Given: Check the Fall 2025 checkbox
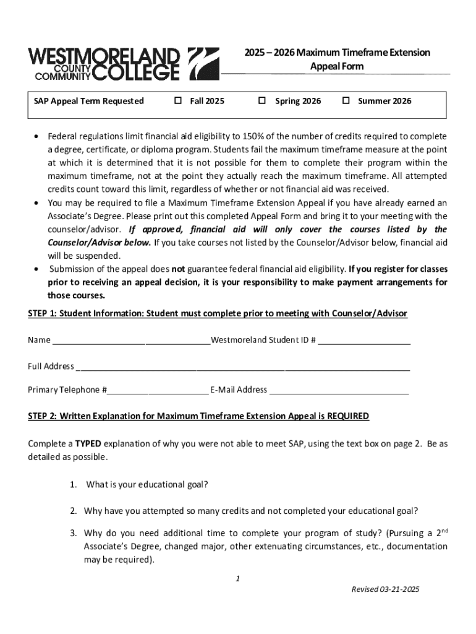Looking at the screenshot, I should click(178, 100).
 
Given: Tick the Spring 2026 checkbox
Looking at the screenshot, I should click(261, 100).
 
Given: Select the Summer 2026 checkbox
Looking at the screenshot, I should click(346, 100).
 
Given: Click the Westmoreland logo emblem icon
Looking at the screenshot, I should click(203, 63).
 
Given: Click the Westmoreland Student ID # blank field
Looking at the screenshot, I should click(365, 341).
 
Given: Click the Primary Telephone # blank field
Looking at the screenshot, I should click(158, 391).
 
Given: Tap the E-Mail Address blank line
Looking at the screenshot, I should click(339, 391).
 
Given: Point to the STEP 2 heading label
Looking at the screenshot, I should click(198, 416).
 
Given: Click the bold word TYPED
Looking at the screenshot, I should click(88, 444).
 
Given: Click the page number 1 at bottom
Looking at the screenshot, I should click(237, 578).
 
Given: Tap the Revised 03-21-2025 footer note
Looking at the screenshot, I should click(385, 589).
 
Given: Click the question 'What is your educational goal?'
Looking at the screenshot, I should click(147, 484).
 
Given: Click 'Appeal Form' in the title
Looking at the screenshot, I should click(337, 66).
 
